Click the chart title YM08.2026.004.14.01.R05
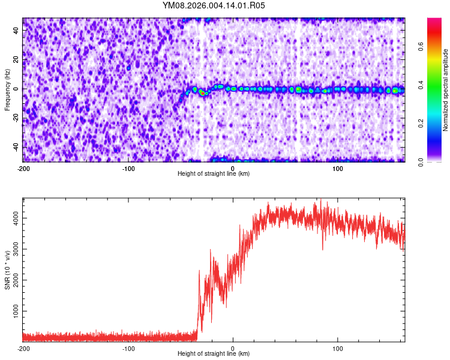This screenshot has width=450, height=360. (214, 5)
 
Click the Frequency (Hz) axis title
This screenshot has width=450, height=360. (7, 89)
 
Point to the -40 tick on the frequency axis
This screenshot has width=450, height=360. (16, 147)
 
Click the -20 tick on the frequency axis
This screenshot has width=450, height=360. (16, 118)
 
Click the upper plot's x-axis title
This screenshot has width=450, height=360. (214, 173)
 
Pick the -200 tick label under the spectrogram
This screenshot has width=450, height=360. (23, 169)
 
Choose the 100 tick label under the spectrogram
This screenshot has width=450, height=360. (338, 169)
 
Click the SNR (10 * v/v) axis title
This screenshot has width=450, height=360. (7, 269)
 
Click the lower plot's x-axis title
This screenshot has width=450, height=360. (214, 353)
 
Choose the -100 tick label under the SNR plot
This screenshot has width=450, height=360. (128, 349)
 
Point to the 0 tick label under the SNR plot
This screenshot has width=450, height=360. (233, 349)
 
